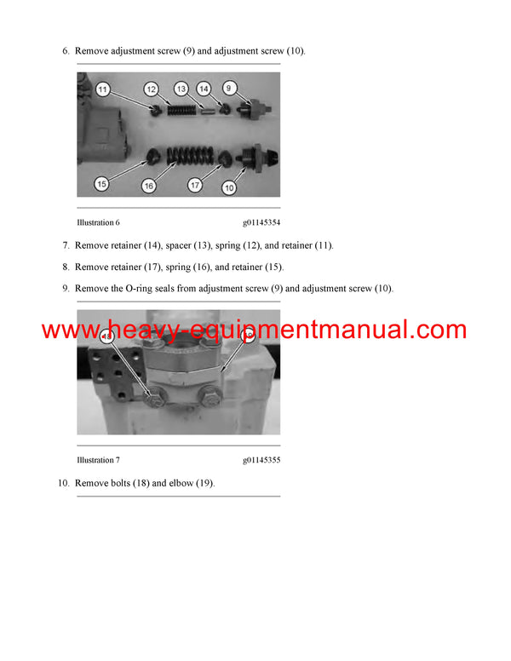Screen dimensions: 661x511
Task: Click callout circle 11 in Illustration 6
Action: (102, 89)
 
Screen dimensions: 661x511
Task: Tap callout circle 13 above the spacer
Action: (181, 88)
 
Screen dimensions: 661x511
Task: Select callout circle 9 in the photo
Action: (229, 87)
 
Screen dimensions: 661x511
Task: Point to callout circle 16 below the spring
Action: (149, 185)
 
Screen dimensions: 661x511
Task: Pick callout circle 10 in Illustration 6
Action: (229, 187)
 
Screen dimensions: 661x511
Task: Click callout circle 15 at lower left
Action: (101, 183)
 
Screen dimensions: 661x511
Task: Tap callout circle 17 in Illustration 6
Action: (194, 185)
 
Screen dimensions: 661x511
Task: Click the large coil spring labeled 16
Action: (186, 156)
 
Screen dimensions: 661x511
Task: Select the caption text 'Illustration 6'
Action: (95, 222)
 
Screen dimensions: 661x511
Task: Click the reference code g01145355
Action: (261, 460)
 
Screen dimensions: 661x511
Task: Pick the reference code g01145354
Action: (261, 222)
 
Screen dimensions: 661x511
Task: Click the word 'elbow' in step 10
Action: (179, 484)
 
